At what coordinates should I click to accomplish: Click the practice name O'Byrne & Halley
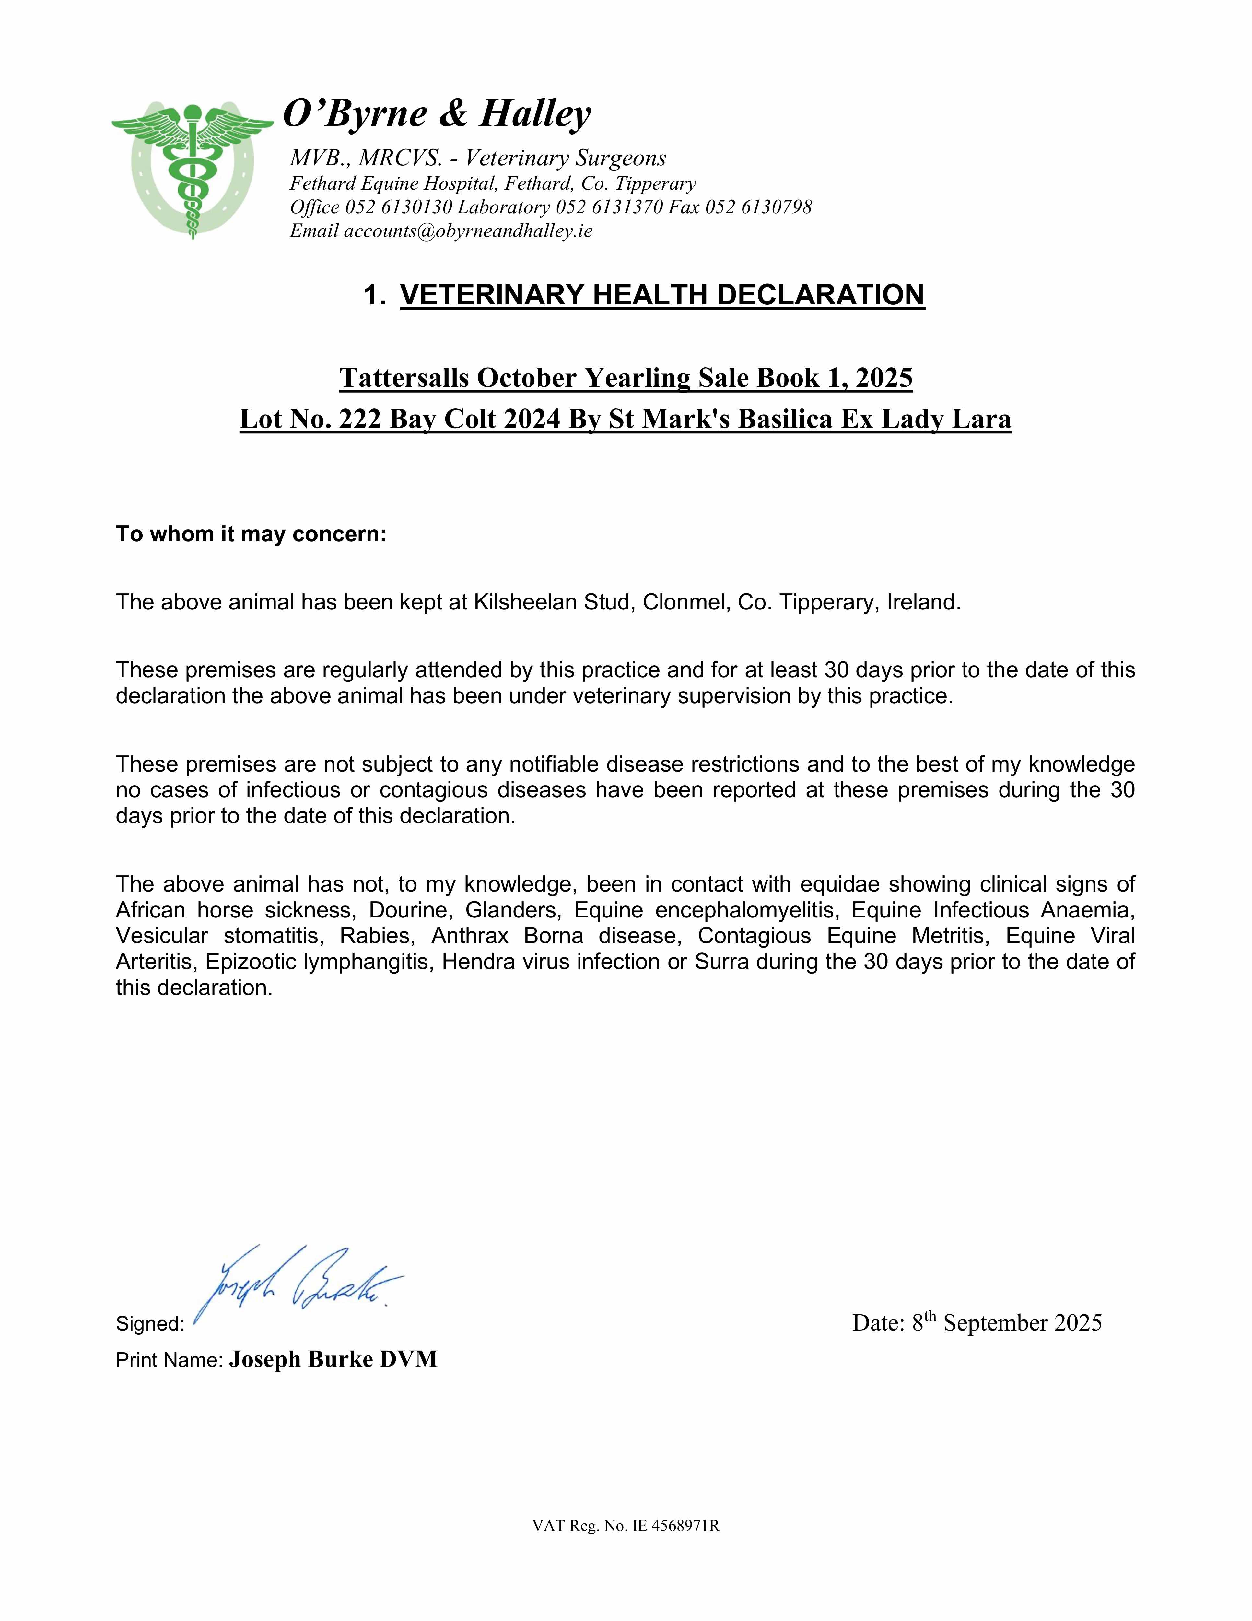[x=437, y=113]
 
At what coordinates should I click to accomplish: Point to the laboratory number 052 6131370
[x=609, y=207]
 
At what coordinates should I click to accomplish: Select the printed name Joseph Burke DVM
[x=333, y=1359]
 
